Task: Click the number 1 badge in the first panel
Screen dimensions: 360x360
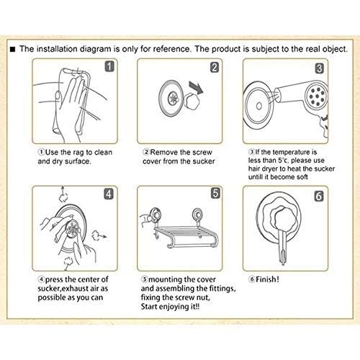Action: point(109,66)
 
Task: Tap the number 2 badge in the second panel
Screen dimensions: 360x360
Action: point(215,68)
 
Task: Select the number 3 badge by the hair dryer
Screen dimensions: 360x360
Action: point(319,68)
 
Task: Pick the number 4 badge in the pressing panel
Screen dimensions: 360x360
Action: point(109,194)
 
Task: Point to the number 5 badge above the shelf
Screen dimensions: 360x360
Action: point(215,193)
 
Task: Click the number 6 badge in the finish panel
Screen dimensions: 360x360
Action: point(319,196)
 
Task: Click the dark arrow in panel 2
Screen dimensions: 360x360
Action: point(197,87)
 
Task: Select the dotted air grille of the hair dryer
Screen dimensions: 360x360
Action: point(318,96)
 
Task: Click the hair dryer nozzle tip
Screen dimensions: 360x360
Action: point(278,95)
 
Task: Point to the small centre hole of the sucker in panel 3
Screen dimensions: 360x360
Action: point(259,106)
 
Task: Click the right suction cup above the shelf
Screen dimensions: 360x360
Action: point(198,214)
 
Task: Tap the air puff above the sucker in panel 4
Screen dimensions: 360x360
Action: point(63,197)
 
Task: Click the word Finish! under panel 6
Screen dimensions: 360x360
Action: point(267,279)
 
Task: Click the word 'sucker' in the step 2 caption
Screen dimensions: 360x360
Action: point(204,161)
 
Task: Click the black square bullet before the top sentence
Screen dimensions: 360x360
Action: point(12,50)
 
